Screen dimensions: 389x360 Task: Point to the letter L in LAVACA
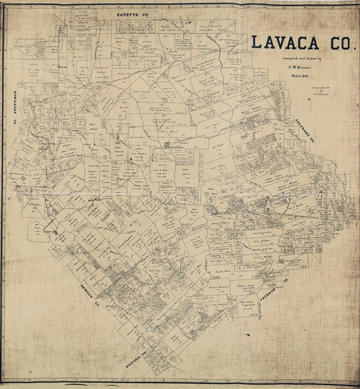coord(255,42)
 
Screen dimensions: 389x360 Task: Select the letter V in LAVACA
coord(279,42)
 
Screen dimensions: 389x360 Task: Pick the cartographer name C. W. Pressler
coord(295,66)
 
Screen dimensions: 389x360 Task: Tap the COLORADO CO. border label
coord(304,133)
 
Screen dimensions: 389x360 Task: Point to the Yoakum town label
coord(49,232)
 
